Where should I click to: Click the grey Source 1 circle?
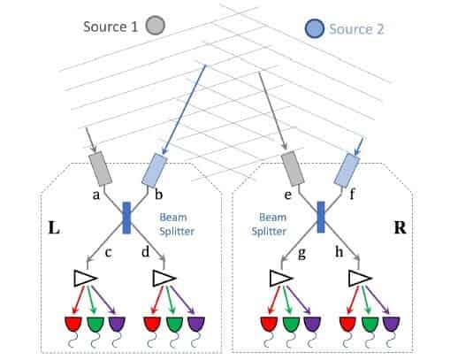pyautogui.click(x=156, y=27)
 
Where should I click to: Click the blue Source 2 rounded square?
pyautogui.click(x=313, y=28)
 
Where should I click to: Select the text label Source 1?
pyautogui.click(x=111, y=27)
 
